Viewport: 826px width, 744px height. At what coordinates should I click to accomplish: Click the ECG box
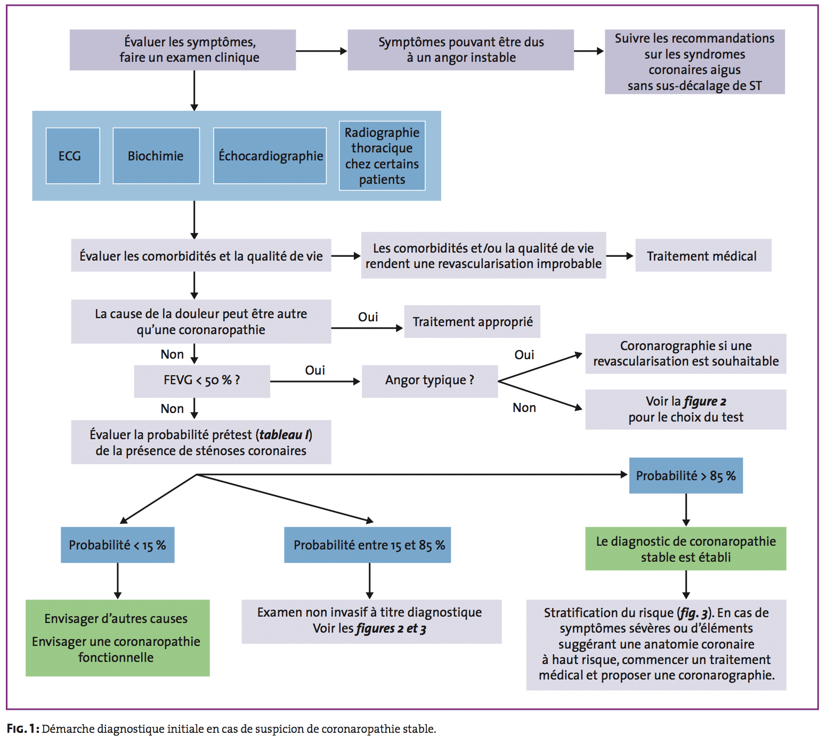(x=73, y=156)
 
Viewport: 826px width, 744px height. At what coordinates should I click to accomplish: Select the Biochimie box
(x=156, y=156)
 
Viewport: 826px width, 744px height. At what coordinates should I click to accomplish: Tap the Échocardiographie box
(x=270, y=156)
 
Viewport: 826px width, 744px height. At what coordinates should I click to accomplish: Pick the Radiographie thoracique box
(x=382, y=156)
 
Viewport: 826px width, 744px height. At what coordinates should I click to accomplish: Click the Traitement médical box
(x=703, y=255)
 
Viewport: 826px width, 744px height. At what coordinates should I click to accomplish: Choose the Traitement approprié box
(x=472, y=321)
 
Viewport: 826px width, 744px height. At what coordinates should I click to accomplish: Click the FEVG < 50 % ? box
(x=202, y=381)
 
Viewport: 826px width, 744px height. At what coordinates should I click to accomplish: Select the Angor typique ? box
(x=430, y=381)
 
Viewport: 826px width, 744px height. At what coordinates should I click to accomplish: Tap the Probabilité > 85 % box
(x=686, y=475)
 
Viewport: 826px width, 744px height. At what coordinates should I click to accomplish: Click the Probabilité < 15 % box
(x=117, y=545)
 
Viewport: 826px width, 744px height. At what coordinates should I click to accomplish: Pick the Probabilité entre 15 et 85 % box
(x=368, y=545)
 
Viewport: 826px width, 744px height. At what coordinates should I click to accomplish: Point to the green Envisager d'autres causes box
(x=118, y=638)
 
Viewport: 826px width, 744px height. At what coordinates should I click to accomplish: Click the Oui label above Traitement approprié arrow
(x=368, y=317)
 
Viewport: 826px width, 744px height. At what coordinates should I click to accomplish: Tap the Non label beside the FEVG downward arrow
(x=172, y=409)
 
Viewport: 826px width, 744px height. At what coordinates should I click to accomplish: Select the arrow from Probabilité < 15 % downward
(x=118, y=581)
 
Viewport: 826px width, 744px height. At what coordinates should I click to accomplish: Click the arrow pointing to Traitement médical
(x=620, y=256)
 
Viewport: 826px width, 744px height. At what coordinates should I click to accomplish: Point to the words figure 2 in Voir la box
(x=705, y=401)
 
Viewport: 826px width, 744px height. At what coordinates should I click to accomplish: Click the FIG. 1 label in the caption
(x=23, y=729)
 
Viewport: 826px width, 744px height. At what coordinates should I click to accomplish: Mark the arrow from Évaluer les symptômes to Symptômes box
(x=321, y=51)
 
